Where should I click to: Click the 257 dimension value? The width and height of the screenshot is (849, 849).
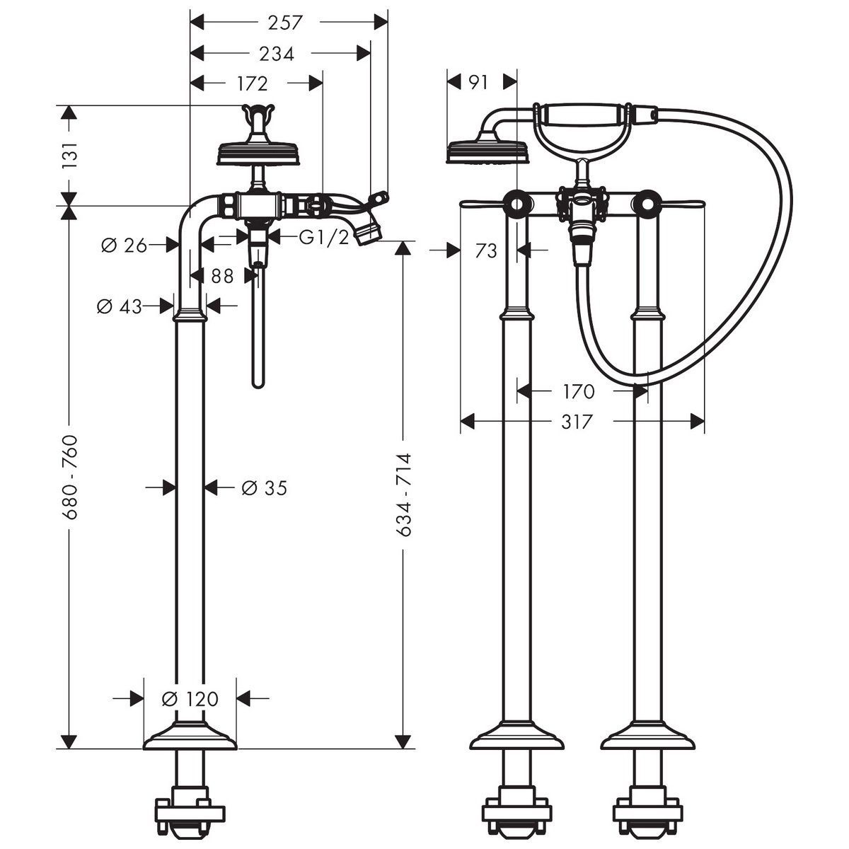tap(285, 23)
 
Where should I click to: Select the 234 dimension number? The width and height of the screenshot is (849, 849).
tap(277, 54)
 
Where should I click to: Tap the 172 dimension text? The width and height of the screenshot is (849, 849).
tap(253, 83)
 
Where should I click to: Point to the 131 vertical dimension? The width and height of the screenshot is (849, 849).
tap(69, 155)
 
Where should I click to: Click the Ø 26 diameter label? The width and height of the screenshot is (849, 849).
tap(124, 245)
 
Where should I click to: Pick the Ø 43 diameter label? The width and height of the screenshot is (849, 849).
tap(120, 306)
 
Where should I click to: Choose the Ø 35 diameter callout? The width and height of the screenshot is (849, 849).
tap(265, 487)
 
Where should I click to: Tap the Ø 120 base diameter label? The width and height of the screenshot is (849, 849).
tap(190, 699)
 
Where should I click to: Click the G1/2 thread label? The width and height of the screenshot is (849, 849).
tap(324, 238)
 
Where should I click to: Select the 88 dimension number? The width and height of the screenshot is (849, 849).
tap(222, 276)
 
